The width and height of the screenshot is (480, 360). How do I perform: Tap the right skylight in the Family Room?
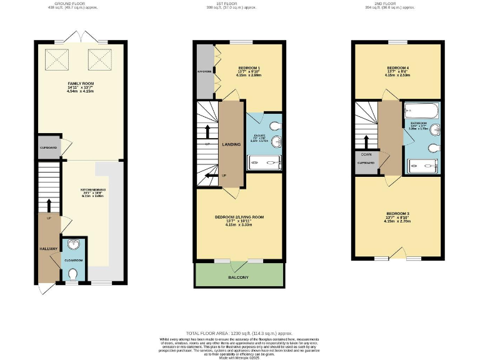(x=99, y=61)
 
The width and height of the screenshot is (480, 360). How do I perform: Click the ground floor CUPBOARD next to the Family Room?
(x=48, y=148)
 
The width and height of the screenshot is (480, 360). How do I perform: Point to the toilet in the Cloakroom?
(x=74, y=273)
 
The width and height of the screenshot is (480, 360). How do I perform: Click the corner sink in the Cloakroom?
(x=74, y=245)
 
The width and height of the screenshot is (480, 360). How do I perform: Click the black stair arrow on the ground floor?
(x=48, y=205)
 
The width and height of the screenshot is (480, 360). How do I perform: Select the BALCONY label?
(x=238, y=277)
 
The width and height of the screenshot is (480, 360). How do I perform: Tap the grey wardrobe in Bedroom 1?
(x=205, y=71)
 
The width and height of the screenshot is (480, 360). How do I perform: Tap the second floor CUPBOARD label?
(x=366, y=162)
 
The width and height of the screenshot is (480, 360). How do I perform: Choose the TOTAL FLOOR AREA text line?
(x=239, y=334)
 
